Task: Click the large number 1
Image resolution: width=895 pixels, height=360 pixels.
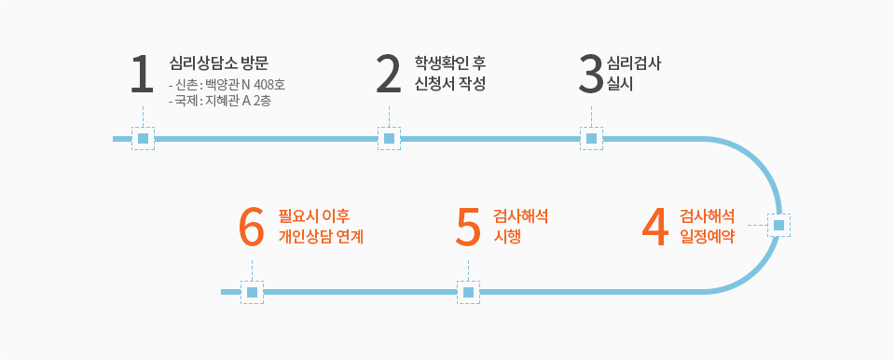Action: pyautogui.click(x=142, y=74)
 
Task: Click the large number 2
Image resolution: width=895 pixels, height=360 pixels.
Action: pyautogui.click(x=389, y=74)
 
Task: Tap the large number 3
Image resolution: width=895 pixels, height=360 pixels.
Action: pyautogui.click(x=591, y=74)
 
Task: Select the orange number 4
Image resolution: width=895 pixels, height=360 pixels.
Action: pyautogui.click(x=654, y=228)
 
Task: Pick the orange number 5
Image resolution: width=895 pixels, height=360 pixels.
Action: pyautogui.click(x=469, y=228)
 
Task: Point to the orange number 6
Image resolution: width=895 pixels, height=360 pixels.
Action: pyautogui.click(x=252, y=228)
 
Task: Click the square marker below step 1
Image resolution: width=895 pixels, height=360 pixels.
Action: pyautogui.click(x=144, y=138)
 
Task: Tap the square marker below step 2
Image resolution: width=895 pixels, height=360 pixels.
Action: pyautogui.click(x=390, y=138)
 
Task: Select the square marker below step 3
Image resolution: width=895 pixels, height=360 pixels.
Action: pyautogui.click(x=591, y=138)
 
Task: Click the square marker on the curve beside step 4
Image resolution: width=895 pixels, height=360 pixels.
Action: pyautogui.click(x=778, y=225)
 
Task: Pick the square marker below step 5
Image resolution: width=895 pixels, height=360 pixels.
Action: pyautogui.click(x=469, y=292)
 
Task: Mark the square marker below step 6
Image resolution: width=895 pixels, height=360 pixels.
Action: pyautogui.click(x=253, y=292)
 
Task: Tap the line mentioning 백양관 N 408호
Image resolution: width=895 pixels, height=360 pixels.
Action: pyautogui.click(x=227, y=87)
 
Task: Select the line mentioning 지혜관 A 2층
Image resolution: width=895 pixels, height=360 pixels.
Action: pyautogui.click(x=220, y=102)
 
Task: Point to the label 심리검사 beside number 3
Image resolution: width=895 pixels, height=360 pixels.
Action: pyautogui.click(x=634, y=62)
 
